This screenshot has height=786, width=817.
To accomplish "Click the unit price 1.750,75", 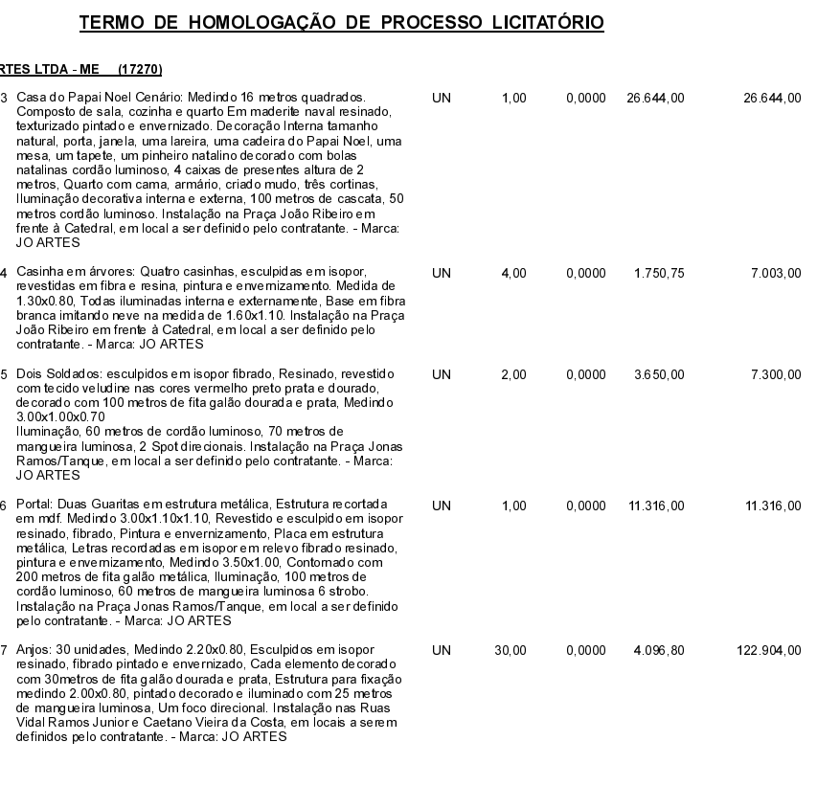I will pos(655,273).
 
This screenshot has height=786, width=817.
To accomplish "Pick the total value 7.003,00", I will pos(774,273).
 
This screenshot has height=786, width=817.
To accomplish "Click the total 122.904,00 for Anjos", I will pos(768,651).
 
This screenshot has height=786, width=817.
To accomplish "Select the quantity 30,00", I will pos(511,651).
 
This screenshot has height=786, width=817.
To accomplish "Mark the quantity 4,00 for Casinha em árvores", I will pos(513,273).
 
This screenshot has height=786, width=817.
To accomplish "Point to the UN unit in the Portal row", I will pos(443,503).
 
